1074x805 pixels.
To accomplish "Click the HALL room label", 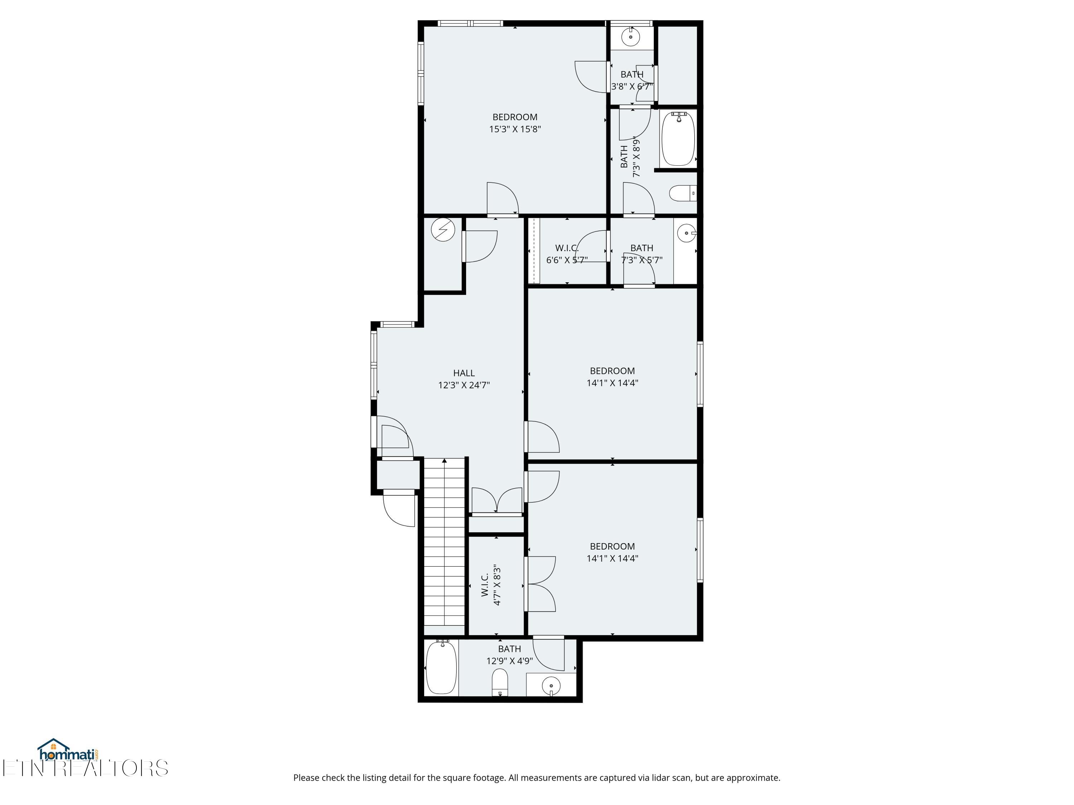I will (x=464, y=373).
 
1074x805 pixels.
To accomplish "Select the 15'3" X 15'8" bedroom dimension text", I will (x=515, y=129).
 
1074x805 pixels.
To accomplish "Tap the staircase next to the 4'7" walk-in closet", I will (x=444, y=543).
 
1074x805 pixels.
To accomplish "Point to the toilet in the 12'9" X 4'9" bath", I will (x=500, y=682).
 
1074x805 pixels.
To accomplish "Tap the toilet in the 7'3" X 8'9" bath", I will (x=682, y=194).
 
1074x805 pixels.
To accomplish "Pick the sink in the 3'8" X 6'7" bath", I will (x=631, y=36).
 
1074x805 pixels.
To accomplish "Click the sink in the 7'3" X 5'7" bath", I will (x=686, y=233).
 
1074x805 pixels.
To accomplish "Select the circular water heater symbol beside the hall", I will (x=443, y=230).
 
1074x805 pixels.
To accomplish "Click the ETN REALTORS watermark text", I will (x=85, y=768).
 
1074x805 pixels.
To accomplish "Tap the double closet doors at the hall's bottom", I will (x=497, y=501).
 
